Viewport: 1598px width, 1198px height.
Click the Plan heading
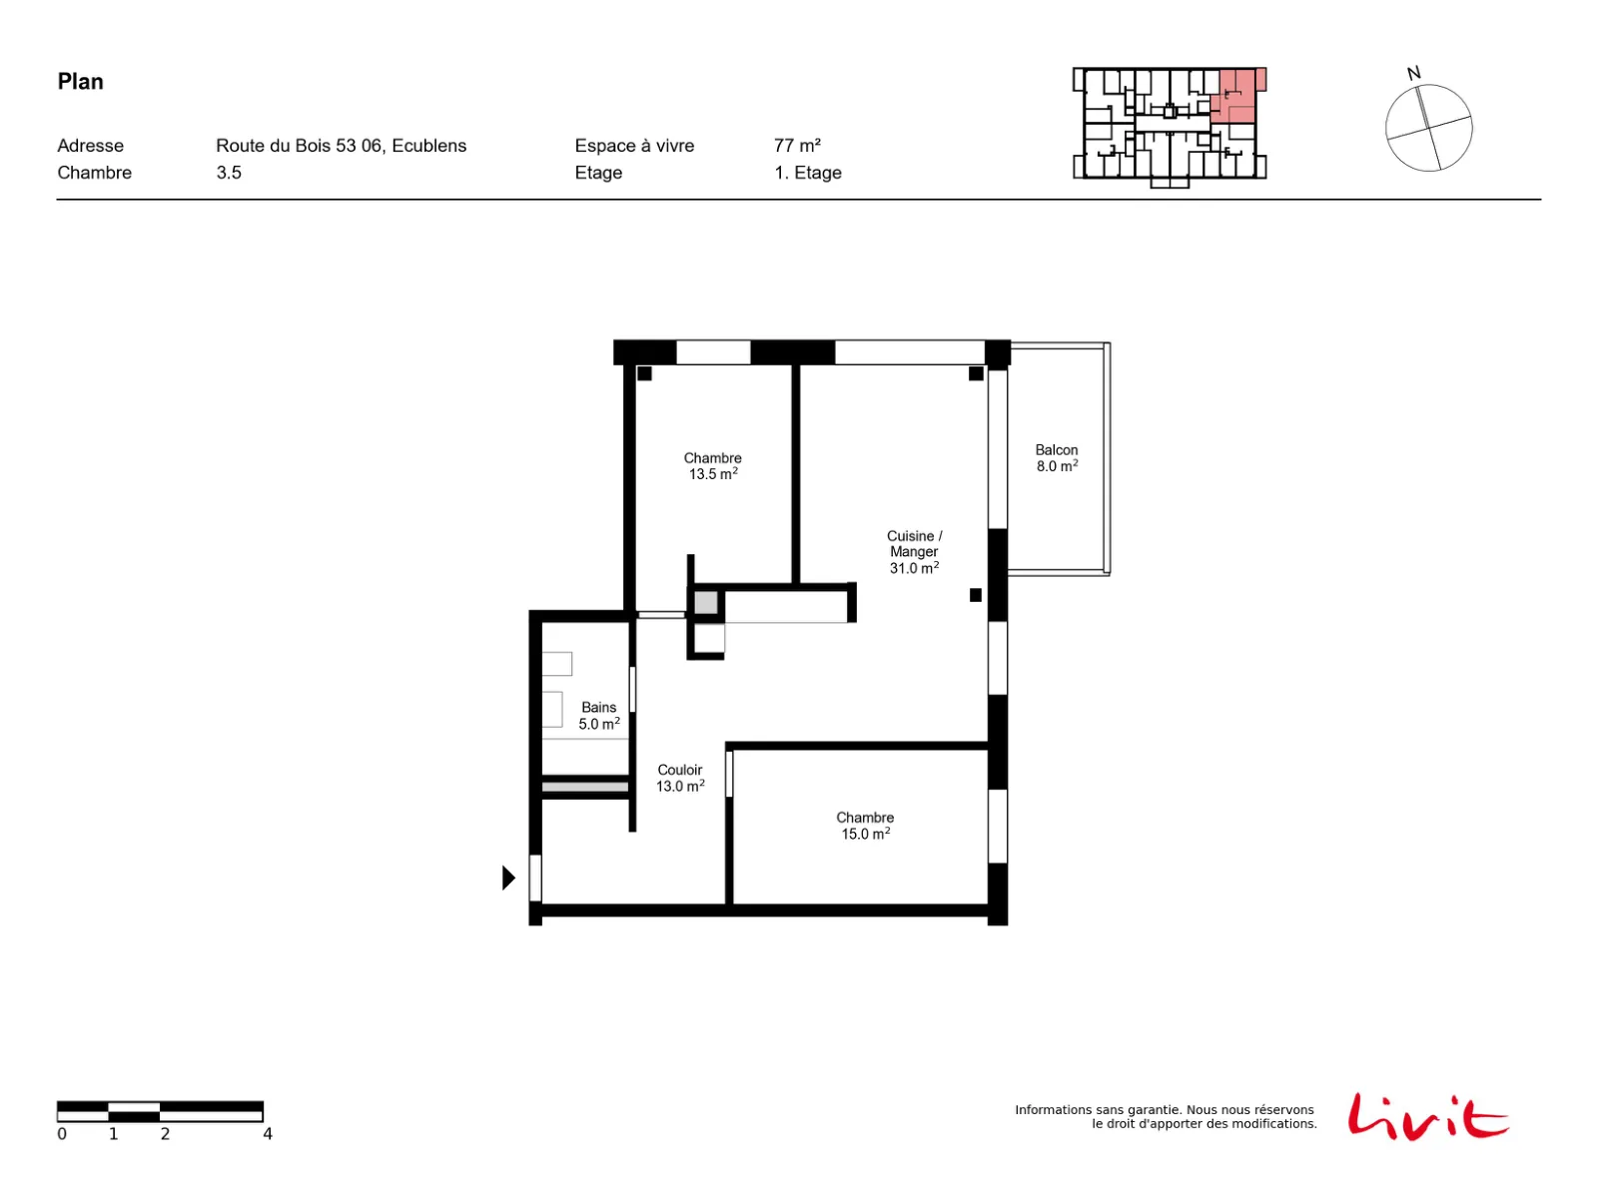click(x=80, y=82)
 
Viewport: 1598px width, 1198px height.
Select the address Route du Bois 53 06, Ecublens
click(x=341, y=146)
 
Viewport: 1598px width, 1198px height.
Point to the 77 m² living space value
click(x=796, y=146)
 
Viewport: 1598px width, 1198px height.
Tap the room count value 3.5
click(x=229, y=173)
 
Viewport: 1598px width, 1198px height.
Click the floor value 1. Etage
click(x=807, y=173)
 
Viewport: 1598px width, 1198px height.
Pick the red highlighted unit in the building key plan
click(x=1234, y=95)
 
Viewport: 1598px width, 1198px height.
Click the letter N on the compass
click(x=1413, y=74)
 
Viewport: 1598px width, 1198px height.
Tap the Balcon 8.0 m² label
click(x=1057, y=457)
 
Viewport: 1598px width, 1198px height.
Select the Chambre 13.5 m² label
click(x=712, y=465)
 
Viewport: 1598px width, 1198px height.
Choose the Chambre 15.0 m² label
click(x=864, y=825)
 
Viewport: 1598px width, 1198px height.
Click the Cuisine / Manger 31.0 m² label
click(x=914, y=551)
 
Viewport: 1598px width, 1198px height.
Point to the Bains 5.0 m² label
click(x=598, y=715)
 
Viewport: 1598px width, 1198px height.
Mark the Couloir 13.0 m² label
click(x=679, y=778)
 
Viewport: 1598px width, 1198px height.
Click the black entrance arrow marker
click(x=508, y=878)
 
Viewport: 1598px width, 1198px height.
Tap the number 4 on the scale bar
click(x=268, y=1133)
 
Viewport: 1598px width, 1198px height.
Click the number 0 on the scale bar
click(x=62, y=1133)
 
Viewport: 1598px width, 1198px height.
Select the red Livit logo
click(x=1427, y=1116)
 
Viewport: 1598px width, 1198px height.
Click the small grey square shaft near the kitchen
click(x=705, y=602)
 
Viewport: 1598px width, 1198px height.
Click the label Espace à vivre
click(x=634, y=146)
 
